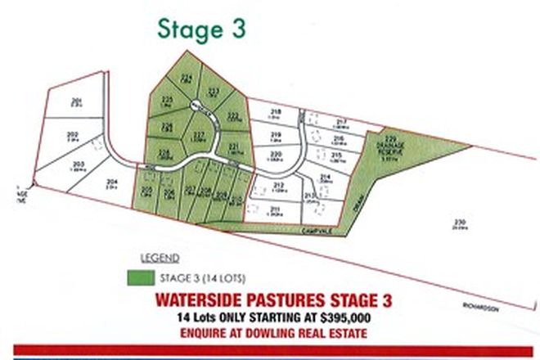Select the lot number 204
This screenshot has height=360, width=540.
[112, 181]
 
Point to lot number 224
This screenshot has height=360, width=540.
[187, 77]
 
